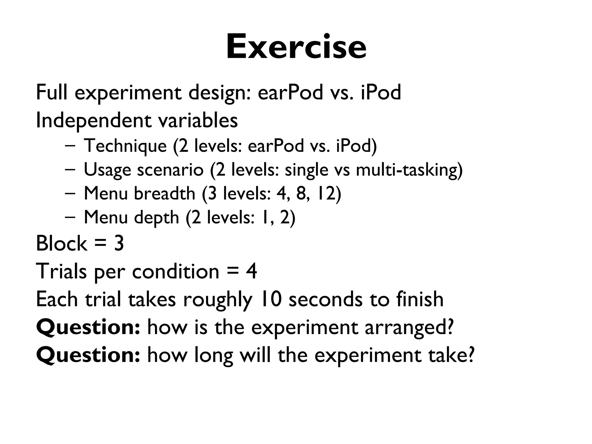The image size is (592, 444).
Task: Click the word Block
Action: [61, 243]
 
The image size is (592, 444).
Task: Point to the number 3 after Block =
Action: [119, 243]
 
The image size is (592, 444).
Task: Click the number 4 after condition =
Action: [251, 271]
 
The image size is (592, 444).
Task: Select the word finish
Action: [420, 299]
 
